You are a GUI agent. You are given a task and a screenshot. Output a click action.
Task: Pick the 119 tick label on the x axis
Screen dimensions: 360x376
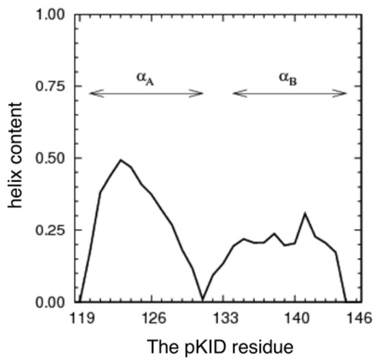click(81, 318)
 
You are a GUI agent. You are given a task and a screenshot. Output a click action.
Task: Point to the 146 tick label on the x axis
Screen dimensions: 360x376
click(355, 318)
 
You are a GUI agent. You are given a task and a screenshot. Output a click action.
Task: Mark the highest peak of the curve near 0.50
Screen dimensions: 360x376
click(120, 160)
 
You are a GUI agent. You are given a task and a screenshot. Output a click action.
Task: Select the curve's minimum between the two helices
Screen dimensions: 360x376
click(202, 299)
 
